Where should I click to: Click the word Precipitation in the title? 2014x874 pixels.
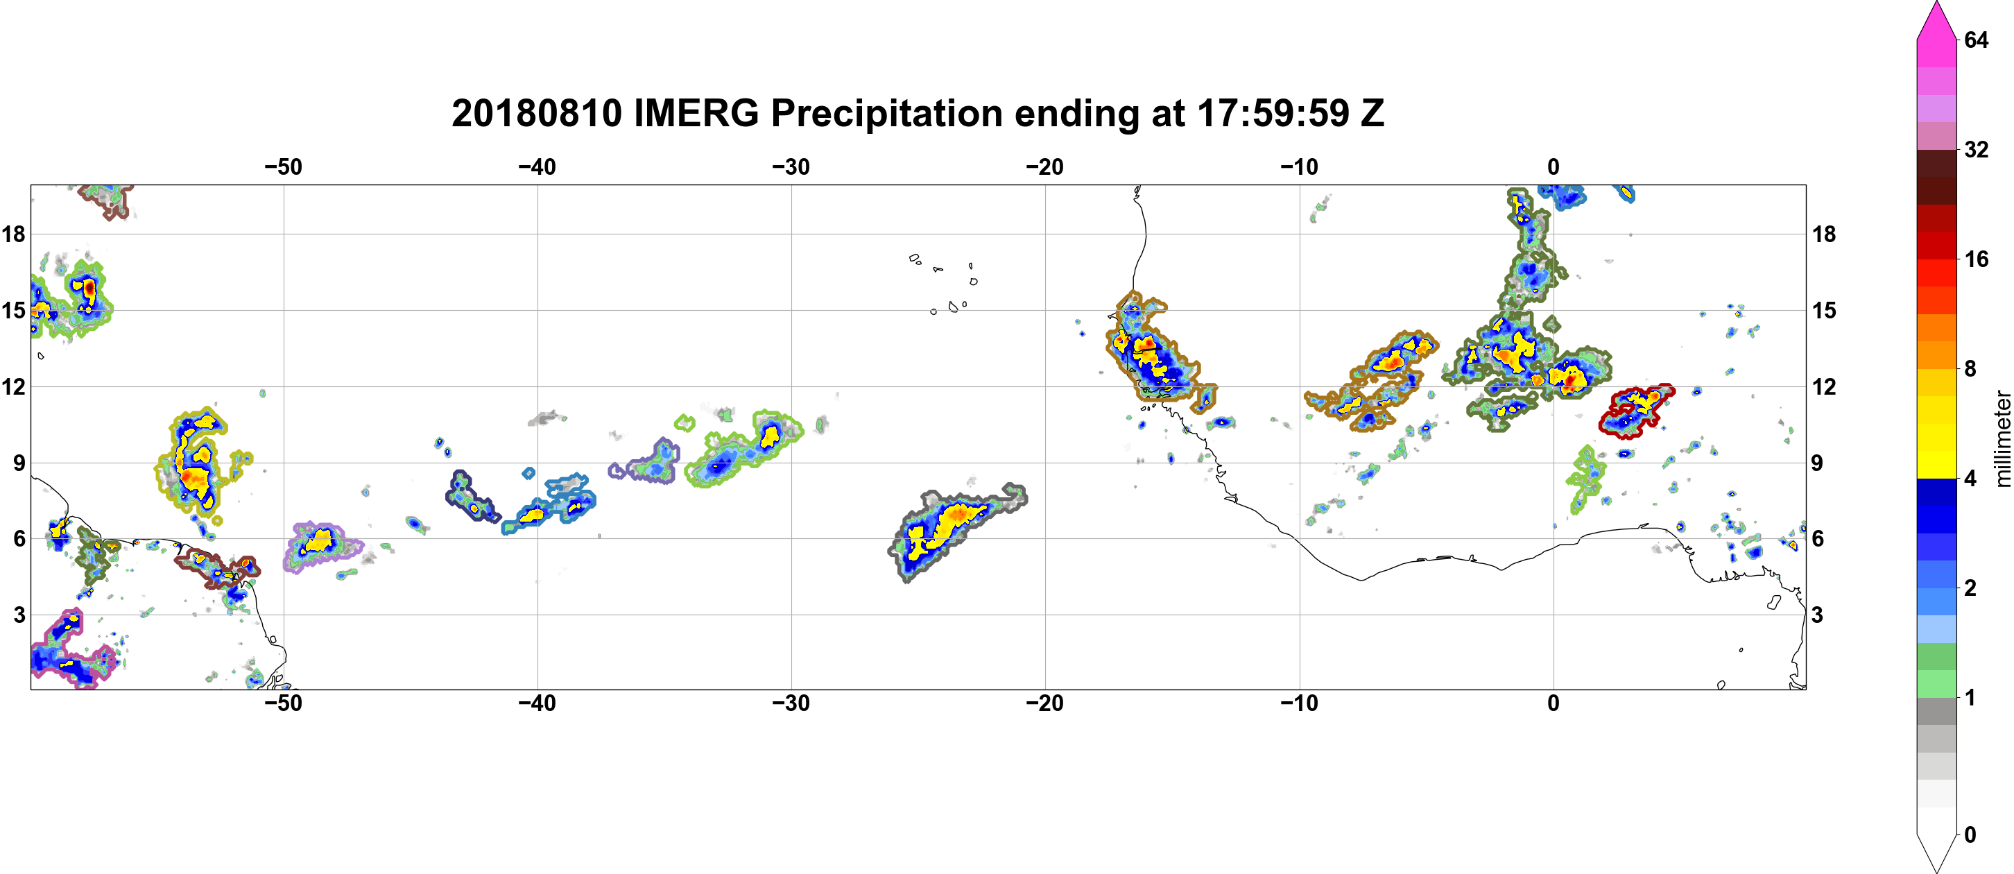click(x=886, y=114)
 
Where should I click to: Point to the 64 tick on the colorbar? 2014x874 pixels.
click(x=1977, y=40)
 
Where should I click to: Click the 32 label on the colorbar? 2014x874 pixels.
click(x=1977, y=149)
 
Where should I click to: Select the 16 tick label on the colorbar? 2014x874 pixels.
click(x=1977, y=259)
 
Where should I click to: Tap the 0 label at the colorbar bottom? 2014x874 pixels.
click(x=1970, y=834)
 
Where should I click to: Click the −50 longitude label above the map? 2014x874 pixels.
click(x=283, y=166)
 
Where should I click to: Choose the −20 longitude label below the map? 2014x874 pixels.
click(x=1045, y=703)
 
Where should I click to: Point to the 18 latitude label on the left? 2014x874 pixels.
click(x=14, y=234)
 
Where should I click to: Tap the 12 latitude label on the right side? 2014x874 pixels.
click(x=1824, y=386)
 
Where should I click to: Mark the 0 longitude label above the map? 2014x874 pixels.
click(x=1553, y=166)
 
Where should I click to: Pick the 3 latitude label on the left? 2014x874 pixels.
click(x=19, y=615)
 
